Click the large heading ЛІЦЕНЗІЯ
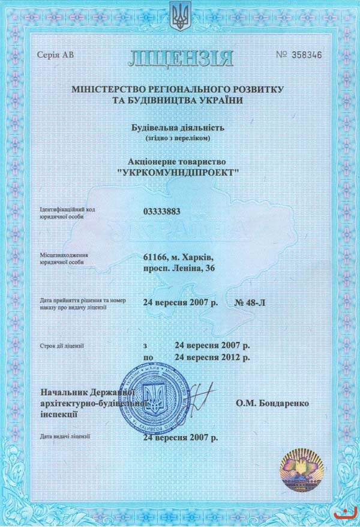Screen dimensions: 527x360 click(x=179, y=58)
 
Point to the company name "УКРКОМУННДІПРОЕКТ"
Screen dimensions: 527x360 click(x=179, y=172)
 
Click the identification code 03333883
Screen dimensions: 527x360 click(x=162, y=211)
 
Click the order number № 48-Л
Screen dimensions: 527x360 click(x=248, y=302)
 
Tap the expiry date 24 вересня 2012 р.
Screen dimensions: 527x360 click(x=212, y=357)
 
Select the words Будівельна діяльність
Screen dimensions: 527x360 click(x=178, y=127)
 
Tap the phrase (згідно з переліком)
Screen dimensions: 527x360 click(x=178, y=138)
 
